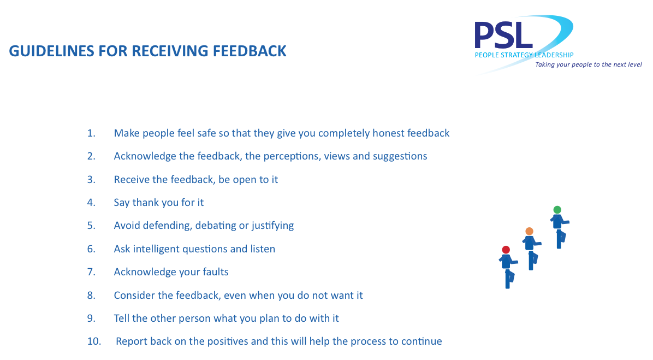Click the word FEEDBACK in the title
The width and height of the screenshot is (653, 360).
pos(250,51)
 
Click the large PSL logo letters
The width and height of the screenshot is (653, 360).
pos(503,36)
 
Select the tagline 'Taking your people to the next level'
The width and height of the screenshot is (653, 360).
pos(589,64)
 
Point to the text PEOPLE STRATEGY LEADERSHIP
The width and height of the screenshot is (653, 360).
pos(524,55)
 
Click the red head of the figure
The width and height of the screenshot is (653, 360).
pos(506,250)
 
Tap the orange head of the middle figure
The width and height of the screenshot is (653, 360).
pos(529,231)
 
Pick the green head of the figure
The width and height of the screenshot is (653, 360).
pos(557,210)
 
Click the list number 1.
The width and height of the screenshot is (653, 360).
pos(91,133)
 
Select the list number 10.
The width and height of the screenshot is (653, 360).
pos(94,341)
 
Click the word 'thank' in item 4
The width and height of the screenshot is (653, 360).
pos(145,203)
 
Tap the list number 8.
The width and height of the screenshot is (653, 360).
pos(91,296)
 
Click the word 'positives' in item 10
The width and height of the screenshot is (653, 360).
pos(227,341)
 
